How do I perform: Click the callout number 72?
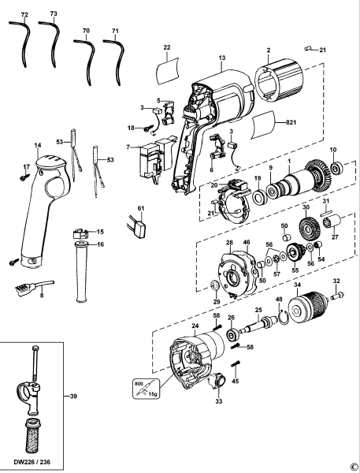(24, 15)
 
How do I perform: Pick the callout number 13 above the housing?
(223, 59)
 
